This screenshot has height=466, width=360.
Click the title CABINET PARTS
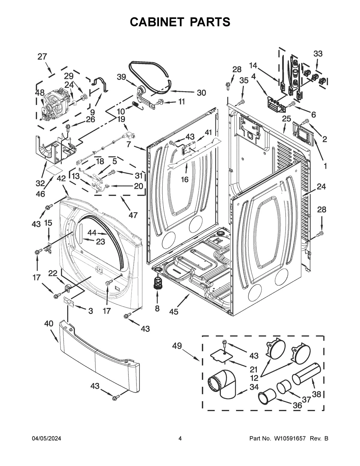(x=180, y=22)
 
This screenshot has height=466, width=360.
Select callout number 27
(x=42, y=56)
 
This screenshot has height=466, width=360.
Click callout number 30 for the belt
(x=201, y=93)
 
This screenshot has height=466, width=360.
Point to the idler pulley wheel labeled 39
(x=140, y=90)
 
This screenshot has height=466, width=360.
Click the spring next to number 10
(x=136, y=105)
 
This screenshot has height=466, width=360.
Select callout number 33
(x=318, y=54)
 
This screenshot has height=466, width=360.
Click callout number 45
(x=173, y=311)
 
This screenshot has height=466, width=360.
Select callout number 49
(x=177, y=346)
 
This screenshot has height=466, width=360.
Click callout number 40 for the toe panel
(x=49, y=323)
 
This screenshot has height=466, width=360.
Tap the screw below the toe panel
(x=114, y=398)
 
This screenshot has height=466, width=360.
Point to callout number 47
(x=133, y=215)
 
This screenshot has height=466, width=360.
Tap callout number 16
(x=184, y=179)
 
